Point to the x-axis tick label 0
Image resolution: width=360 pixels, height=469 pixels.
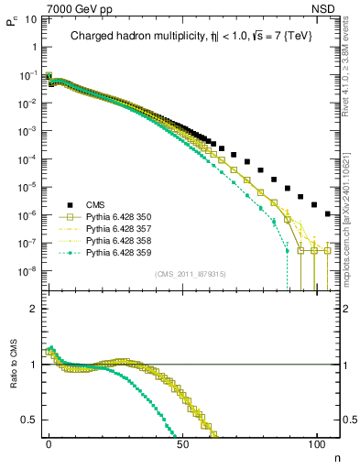point(49,443)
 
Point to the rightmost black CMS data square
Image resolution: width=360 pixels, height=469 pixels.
point(329,213)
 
